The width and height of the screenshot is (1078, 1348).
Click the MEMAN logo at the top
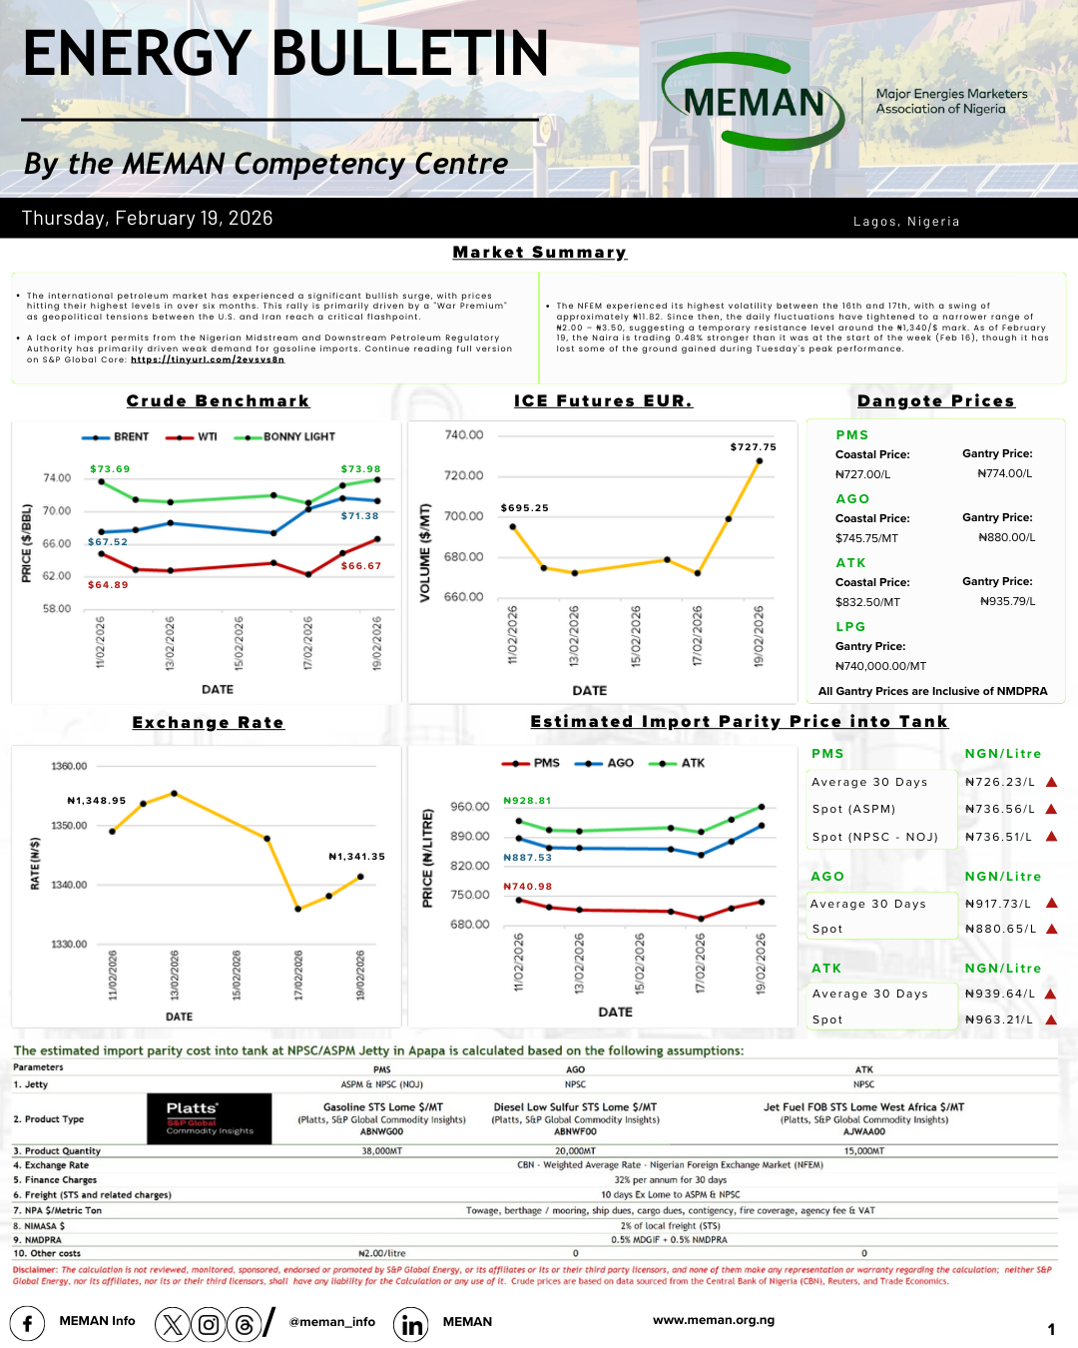pos(755,101)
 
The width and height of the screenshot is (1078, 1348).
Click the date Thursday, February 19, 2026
pos(148,219)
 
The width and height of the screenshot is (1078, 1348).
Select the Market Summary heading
pos(539,253)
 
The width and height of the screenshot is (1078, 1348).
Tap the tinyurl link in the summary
pos(208,359)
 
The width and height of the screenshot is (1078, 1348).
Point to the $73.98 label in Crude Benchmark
pos(360,469)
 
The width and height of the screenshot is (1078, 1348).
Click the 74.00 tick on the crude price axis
pos(57,478)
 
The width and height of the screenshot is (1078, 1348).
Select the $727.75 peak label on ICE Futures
pos(753,447)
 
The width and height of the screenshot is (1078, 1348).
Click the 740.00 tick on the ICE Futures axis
pos(463,435)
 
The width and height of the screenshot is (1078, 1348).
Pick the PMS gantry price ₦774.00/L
pos(1004,474)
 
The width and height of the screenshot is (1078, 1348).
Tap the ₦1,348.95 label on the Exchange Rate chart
pos(97,801)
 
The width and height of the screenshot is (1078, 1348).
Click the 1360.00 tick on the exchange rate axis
pos(69,767)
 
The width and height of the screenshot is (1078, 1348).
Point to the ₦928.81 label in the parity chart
pos(527,801)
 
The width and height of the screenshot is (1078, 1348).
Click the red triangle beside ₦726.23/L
pos(1051,782)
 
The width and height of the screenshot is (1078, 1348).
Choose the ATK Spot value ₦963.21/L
pos(998,1019)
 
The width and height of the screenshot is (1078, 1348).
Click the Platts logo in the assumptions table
pos(210,1118)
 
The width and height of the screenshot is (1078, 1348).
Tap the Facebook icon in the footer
pos(27,1324)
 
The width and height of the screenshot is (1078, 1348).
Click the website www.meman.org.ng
pos(713,1320)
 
